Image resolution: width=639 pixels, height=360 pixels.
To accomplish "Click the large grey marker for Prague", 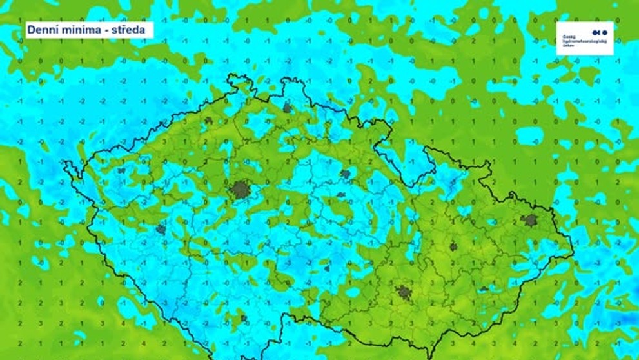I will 240,190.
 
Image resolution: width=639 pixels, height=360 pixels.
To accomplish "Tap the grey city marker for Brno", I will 404,292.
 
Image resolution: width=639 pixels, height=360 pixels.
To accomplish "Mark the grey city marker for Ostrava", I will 530,220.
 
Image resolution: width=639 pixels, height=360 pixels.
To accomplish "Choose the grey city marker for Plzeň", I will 161,229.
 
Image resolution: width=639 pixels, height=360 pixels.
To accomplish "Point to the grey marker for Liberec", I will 287,108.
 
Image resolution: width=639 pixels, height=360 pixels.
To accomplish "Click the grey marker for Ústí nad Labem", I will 208,121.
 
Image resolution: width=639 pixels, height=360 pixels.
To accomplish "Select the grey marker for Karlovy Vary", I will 121,171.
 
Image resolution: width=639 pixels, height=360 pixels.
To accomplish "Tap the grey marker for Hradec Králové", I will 346,174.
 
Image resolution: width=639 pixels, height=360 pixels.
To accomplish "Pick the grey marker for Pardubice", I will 340,194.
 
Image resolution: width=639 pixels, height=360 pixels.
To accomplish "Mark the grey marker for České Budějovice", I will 244,318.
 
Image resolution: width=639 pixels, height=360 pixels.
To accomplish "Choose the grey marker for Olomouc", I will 453,246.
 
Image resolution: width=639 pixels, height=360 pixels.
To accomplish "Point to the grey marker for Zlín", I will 484,289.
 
